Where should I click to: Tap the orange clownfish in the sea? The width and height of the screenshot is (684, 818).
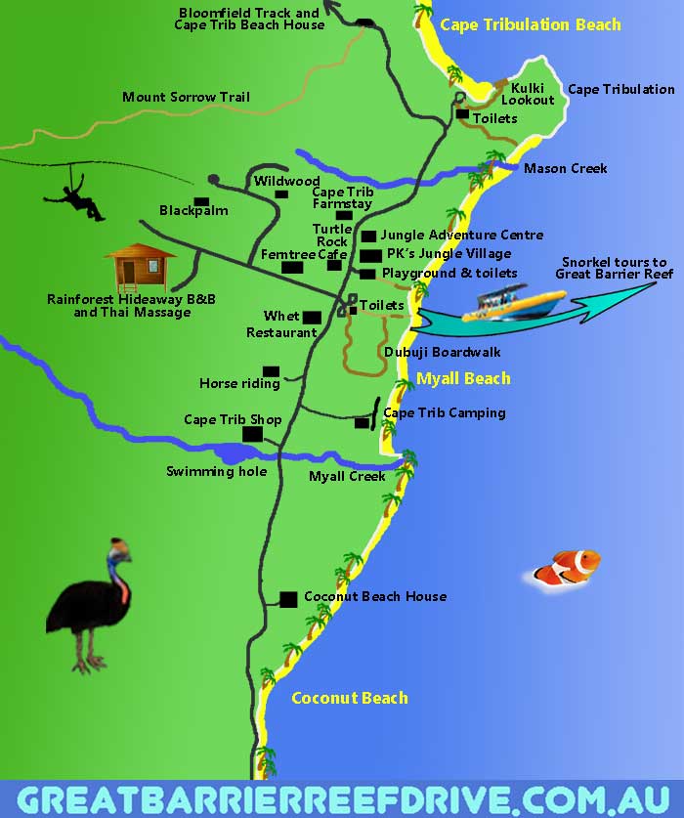pos(570,567)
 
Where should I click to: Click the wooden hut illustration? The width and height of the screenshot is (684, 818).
pos(139,265)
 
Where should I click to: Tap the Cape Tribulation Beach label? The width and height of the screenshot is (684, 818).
pos(530,24)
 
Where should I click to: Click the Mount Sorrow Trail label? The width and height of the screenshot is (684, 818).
pos(186,97)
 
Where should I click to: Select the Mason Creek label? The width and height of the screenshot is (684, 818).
pos(565,168)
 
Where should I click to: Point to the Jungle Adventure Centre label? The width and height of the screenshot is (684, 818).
pos(461,235)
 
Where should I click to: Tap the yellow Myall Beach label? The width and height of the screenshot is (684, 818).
pos(463,378)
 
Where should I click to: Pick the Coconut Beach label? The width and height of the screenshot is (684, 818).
pos(349,698)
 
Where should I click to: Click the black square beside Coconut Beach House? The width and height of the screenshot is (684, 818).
pos(288,598)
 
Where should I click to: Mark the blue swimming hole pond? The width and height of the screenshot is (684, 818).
pos(235,453)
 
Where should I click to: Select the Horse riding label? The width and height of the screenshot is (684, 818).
pos(239,383)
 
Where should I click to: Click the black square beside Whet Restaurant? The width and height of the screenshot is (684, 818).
pos(312,317)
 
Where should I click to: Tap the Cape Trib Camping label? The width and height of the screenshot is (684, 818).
pos(445,412)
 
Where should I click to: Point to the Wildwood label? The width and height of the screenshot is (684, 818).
pos(287,181)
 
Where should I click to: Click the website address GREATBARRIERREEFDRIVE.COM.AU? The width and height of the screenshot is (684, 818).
pos(342,799)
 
